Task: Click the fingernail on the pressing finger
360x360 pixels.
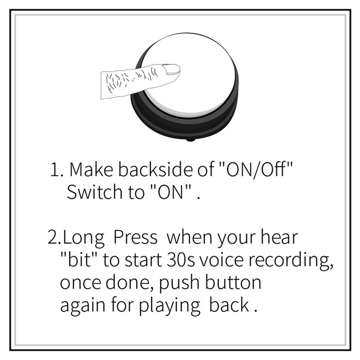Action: coord(171,70)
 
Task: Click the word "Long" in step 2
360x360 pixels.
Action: coord(86,238)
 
